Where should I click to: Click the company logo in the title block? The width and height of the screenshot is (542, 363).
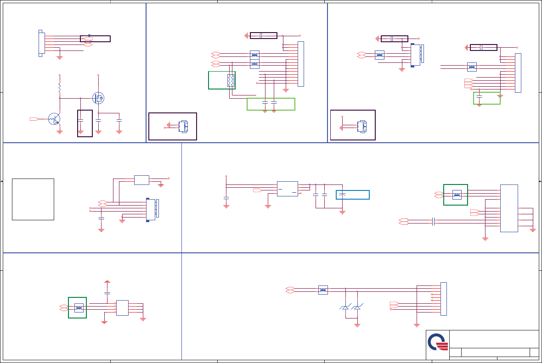(438, 342)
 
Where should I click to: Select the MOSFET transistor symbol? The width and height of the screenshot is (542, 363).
(98, 98)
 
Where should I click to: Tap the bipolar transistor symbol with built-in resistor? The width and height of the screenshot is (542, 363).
(54, 119)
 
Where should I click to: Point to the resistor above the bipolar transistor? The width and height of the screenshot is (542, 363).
(60, 87)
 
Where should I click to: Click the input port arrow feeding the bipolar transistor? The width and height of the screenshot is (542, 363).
(34, 119)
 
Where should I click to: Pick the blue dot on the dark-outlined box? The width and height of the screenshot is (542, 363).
(89, 35)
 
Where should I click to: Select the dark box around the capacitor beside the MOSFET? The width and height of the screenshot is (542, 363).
(85, 123)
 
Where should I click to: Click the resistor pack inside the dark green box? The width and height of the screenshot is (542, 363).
(231, 80)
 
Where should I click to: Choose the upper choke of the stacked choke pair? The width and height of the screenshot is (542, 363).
(254, 55)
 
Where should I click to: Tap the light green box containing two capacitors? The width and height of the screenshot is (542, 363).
(271, 104)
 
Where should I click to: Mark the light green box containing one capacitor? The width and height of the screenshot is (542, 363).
(487, 98)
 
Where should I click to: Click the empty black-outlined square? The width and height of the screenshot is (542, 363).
(33, 199)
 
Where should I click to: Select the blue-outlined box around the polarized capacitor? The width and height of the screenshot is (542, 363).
(353, 195)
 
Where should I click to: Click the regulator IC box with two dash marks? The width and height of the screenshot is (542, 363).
(288, 189)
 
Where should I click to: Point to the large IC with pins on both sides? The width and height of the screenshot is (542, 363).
(509, 208)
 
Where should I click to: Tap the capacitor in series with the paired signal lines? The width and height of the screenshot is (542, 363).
(434, 222)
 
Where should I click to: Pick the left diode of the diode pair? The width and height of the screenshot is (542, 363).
(345, 307)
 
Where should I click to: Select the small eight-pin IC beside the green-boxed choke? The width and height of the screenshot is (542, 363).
(122, 307)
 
